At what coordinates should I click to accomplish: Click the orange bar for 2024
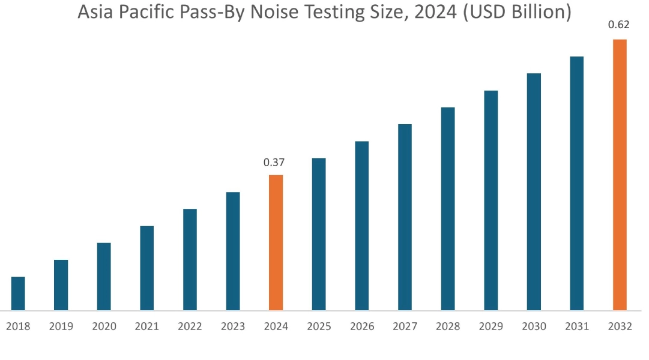(276, 242)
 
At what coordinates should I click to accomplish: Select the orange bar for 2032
(620, 175)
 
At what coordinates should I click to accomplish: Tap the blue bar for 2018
(18, 293)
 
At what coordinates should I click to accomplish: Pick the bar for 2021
(147, 268)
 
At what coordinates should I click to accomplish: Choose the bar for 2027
(405, 217)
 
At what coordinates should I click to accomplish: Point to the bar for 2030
(534, 192)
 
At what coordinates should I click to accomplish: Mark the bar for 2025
(319, 234)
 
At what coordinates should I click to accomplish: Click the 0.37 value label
(274, 162)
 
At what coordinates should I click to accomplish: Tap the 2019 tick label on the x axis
(61, 326)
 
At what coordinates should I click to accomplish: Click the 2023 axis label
(233, 326)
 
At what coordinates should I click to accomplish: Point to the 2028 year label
(448, 326)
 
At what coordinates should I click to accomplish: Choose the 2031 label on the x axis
(577, 326)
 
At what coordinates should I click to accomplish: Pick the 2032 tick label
(620, 326)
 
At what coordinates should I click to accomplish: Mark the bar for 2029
(491, 200)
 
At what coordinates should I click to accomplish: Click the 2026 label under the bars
(361, 326)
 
